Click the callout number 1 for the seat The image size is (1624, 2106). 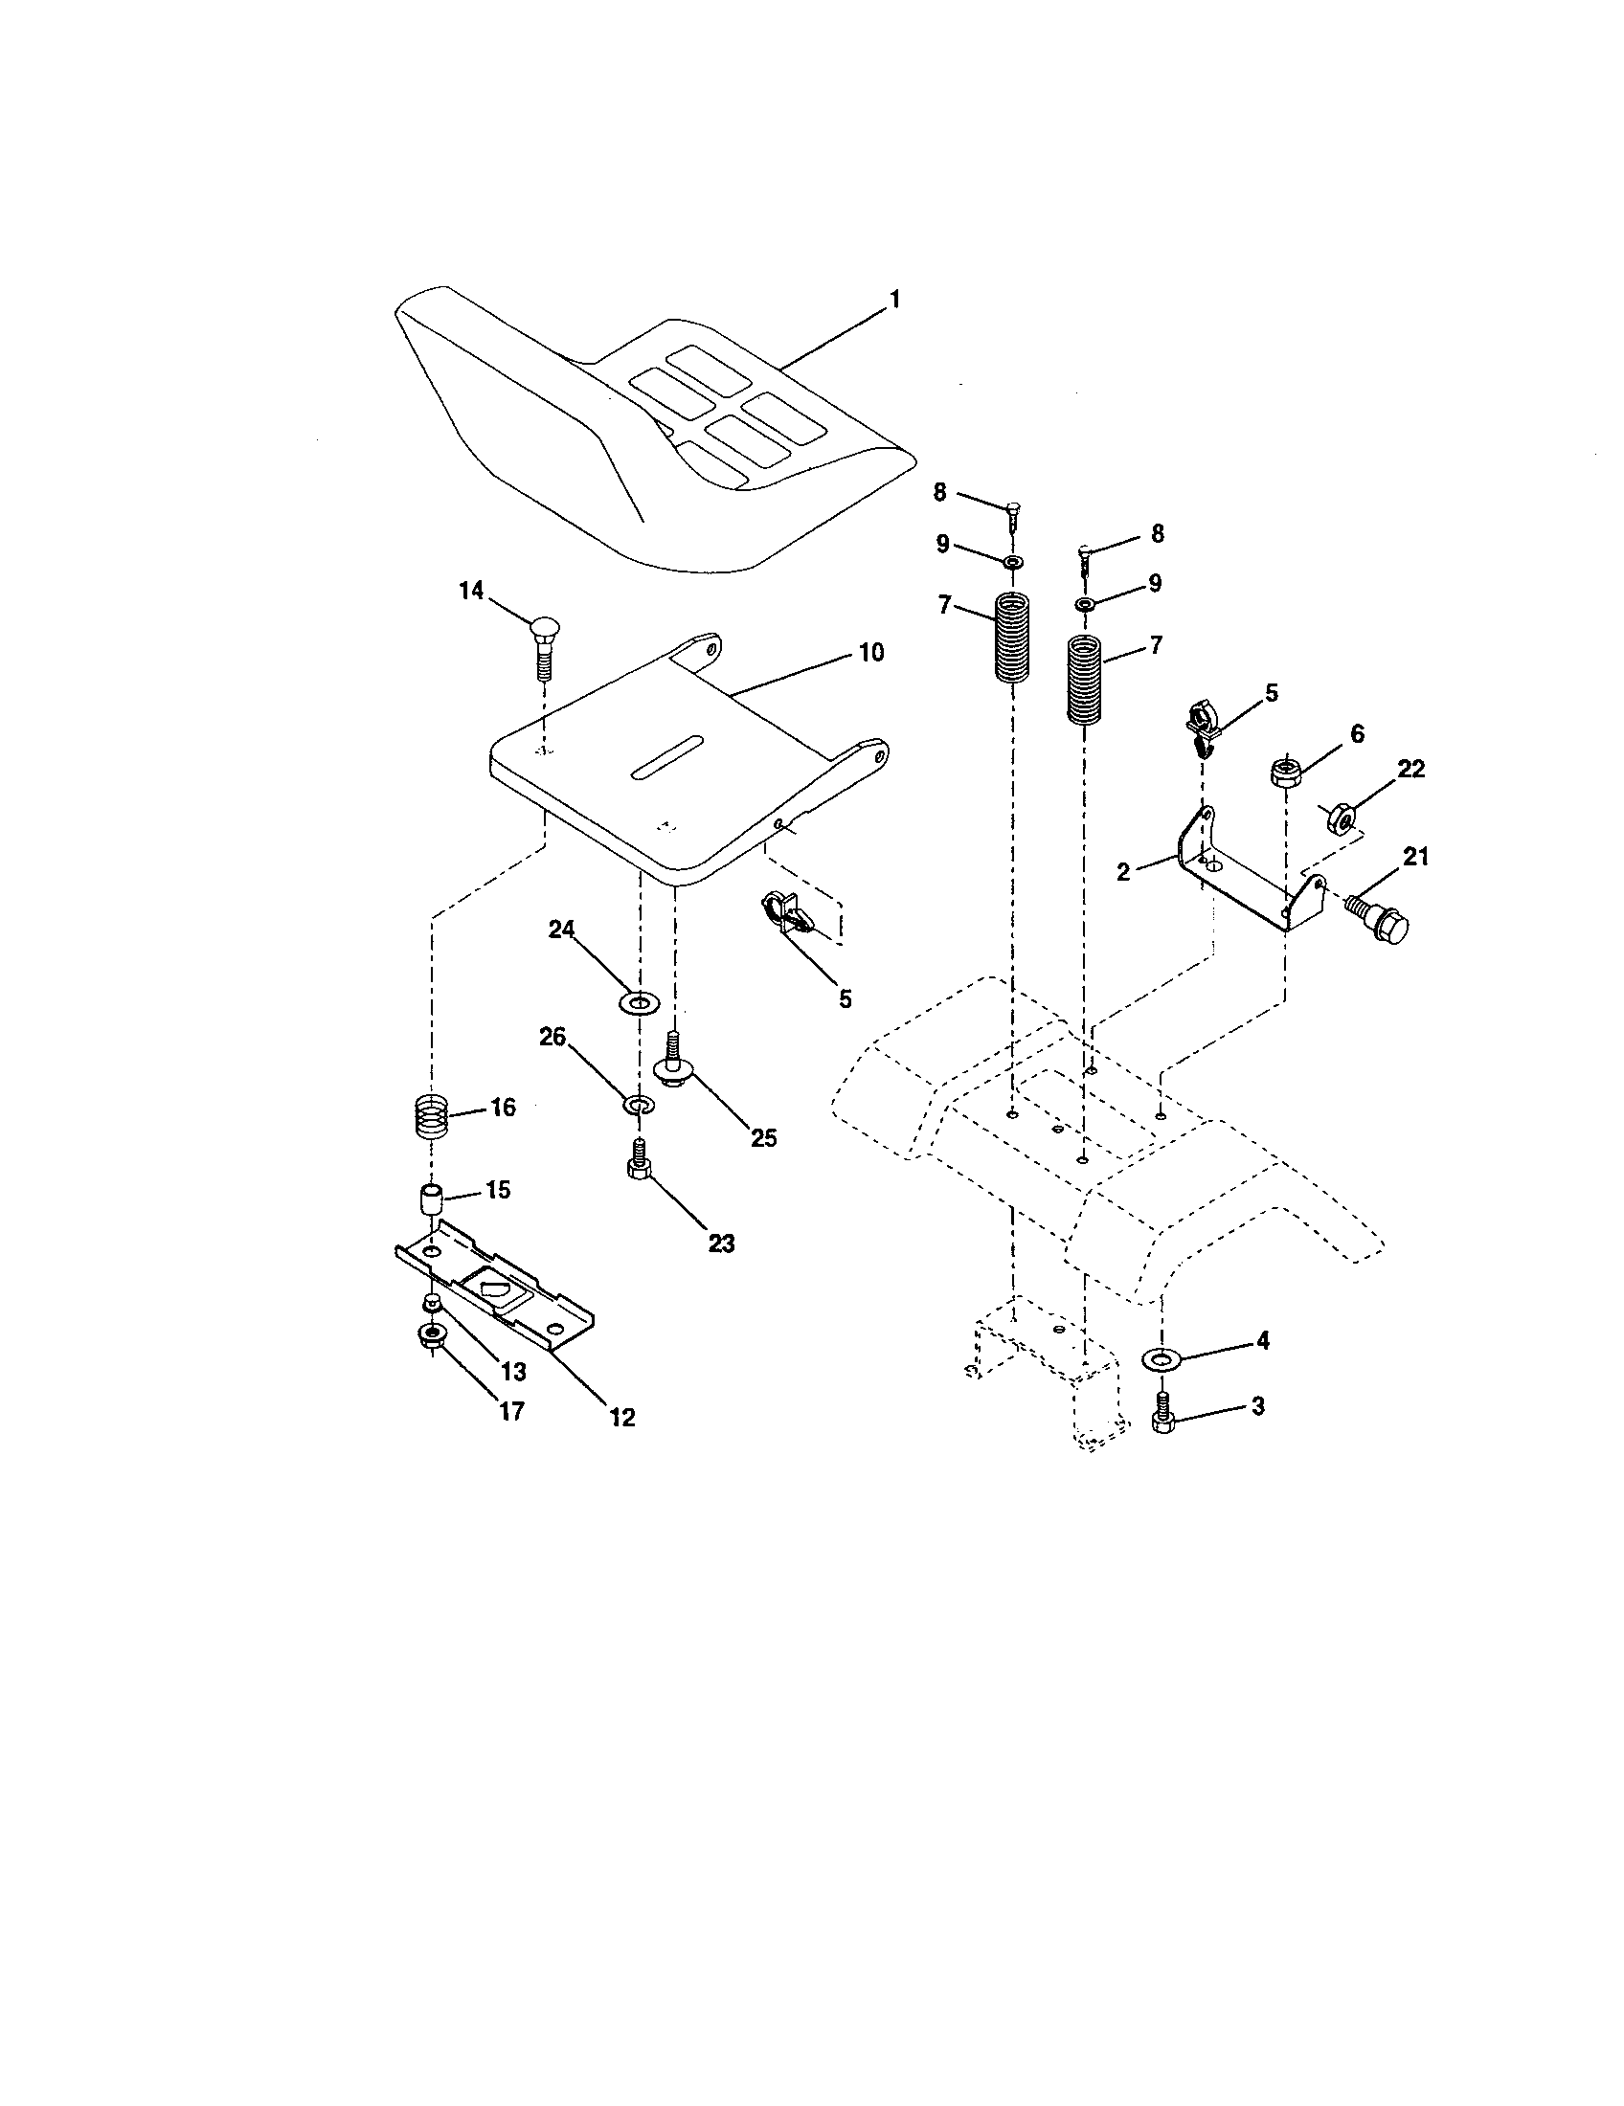pyautogui.click(x=893, y=300)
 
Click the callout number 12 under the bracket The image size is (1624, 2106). pyautogui.click(x=622, y=1417)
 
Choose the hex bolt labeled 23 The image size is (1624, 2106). pyautogui.click(x=638, y=1160)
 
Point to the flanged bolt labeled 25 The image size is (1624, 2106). pyautogui.click(x=673, y=1058)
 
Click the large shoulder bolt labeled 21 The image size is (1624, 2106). pyautogui.click(x=1379, y=920)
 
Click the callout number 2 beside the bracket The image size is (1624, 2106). pyautogui.click(x=1122, y=873)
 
